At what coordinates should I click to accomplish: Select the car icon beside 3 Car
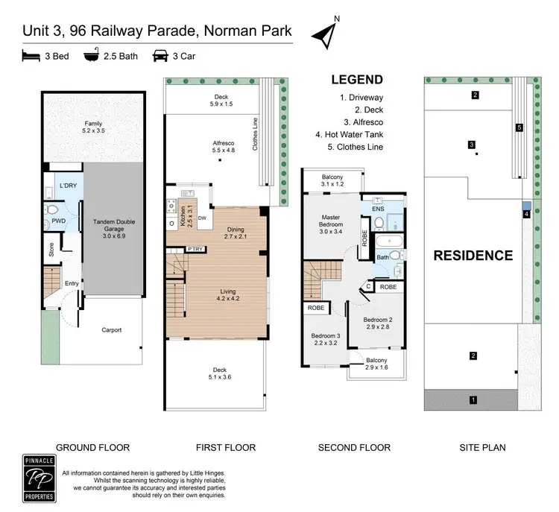[x=160, y=54]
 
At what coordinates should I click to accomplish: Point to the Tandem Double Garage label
[x=113, y=226]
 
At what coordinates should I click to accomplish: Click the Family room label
[x=72, y=127]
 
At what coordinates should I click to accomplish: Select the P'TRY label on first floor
[x=196, y=249]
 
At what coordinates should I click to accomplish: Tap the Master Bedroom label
[x=331, y=221]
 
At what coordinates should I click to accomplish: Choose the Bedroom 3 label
[x=326, y=340]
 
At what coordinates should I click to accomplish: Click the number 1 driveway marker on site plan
[x=473, y=400]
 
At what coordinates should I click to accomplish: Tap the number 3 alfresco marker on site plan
[x=472, y=145]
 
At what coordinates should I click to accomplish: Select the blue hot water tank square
[x=527, y=206]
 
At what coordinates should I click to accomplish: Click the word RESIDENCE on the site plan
[x=473, y=256]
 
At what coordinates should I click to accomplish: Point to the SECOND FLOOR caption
[x=354, y=448]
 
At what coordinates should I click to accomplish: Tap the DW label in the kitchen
[x=202, y=218]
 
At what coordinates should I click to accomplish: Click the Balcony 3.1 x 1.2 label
[x=333, y=180]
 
